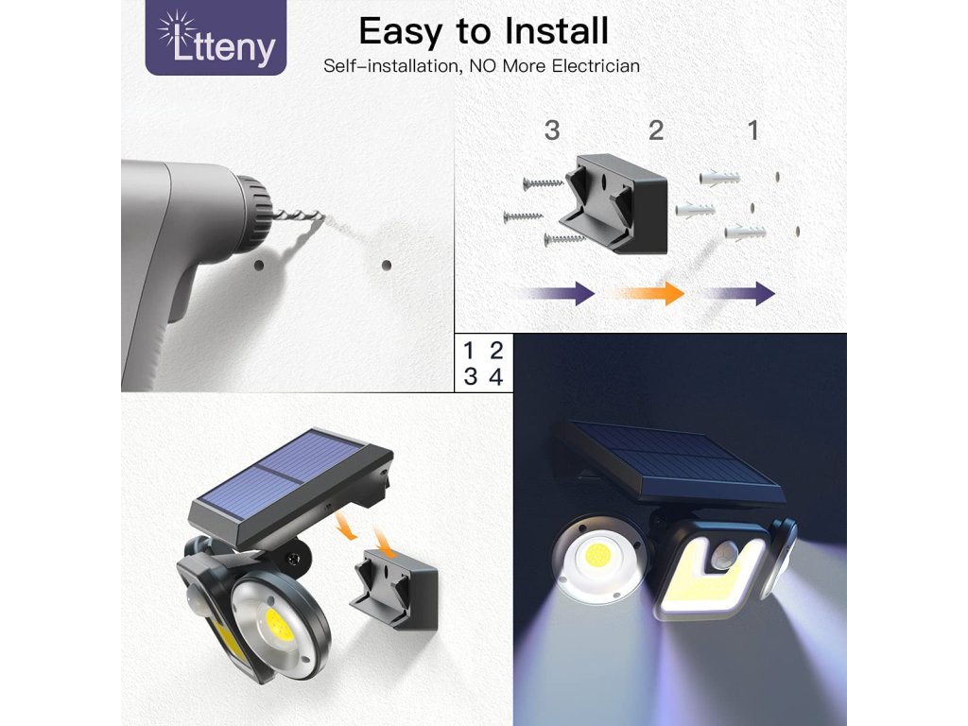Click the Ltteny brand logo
pyautogui.click(x=216, y=38)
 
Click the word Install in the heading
pyautogui.click(x=556, y=31)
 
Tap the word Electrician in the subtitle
pyautogui.click(x=596, y=66)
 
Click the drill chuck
pyautogui.click(x=255, y=212)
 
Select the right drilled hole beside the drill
pyautogui.click(x=387, y=266)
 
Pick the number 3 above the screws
pyautogui.click(x=552, y=130)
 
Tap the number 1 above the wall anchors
pyautogui.click(x=753, y=130)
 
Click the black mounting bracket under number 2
pyautogui.click(x=614, y=203)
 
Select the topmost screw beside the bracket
pyautogui.click(x=544, y=182)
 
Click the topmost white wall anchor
pyautogui.click(x=719, y=179)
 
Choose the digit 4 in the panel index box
pyautogui.click(x=495, y=376)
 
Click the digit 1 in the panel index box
pyautogui.click(x=468, y=351)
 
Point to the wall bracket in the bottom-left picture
pyautogui.click(x=394, y=589)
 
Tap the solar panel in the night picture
pyautogui.click(x=673, y=460)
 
